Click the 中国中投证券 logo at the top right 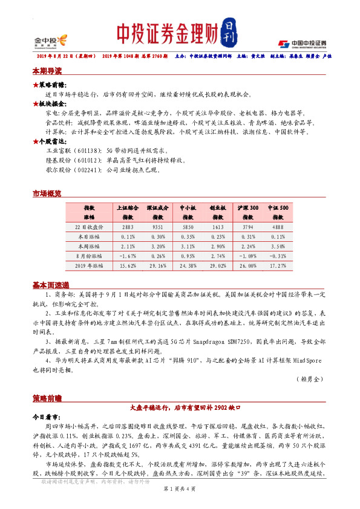click(x=302, y=43)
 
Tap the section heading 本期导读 click(x=47, y=71)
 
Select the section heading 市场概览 click(x=47, y=194)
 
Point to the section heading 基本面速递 click(x=51, y=285)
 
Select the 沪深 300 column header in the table click(x=247, y=207)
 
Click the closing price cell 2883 click(x=128, y=227)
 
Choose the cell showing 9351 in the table click(x=157, y=227)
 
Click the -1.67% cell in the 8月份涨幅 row click(x=128, y=256)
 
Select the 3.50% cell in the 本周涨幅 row click(x=278, y=247)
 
